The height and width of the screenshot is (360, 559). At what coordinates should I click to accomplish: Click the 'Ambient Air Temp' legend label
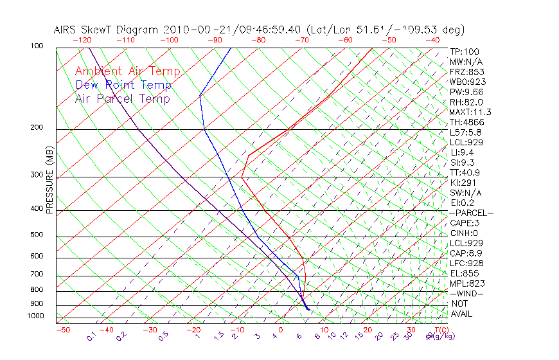click(127, 71)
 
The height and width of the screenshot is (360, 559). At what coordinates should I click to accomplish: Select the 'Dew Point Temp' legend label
click(123, 85)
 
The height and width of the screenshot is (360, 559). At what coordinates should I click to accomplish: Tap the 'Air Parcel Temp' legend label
click(123, 98)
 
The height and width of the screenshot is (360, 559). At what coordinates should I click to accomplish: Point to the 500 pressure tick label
click(36, 235)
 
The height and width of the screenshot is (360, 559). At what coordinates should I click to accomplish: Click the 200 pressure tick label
click(36, 127)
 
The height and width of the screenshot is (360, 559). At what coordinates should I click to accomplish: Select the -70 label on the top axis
click(301, 40)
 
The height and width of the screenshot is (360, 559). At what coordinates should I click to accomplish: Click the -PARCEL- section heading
click(472, 213)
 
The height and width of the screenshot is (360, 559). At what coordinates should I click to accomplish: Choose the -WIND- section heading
click(467, 293)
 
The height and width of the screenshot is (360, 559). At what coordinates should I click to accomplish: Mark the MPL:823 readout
click(467, 283)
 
